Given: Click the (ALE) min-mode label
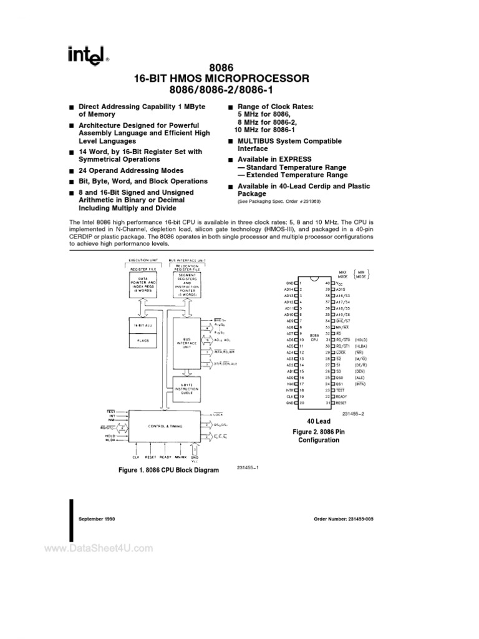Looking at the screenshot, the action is coord(361,378).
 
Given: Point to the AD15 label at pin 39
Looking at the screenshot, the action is coord(341,290).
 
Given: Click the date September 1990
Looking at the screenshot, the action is coord(97,519).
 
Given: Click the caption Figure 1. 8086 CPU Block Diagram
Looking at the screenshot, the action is coord(168,470).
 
